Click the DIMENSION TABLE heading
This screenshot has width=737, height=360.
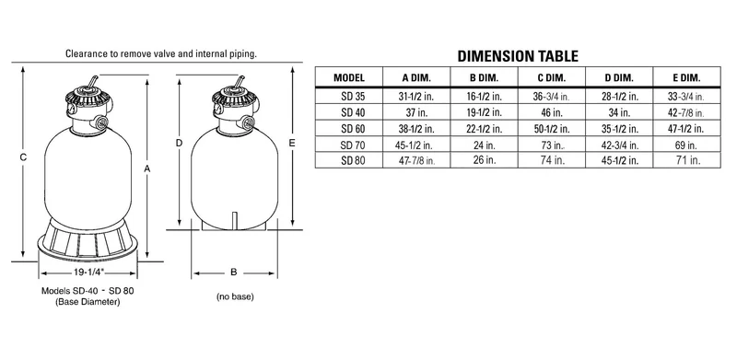coord(518,56)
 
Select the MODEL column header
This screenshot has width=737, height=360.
coord(349,77)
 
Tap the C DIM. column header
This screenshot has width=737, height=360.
coord(552,77)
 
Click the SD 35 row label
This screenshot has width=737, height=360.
coord(353,97)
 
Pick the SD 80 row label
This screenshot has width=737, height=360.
coord(353,160)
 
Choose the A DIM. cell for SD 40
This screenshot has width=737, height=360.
coord(416,112)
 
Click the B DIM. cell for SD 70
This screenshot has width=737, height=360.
coord(485,145)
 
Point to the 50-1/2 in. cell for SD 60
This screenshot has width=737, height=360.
coord(551,128)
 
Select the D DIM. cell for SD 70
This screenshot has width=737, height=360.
coord(620,145)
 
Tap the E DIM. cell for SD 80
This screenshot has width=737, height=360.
coord(688,160)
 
